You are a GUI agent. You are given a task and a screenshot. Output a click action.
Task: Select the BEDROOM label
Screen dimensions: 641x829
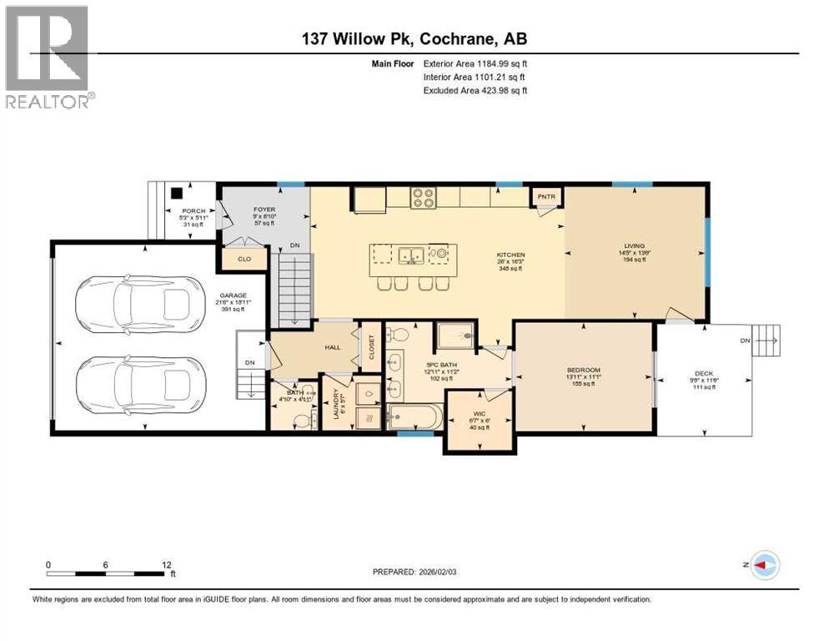(x=583, y=370)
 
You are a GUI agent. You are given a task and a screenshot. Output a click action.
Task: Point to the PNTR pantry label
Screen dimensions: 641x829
(x=547, y=197)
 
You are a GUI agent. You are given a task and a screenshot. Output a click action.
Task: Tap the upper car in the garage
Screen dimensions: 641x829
(x=138, y=305)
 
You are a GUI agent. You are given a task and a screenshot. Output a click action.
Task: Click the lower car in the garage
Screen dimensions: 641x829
(x=138, y=385)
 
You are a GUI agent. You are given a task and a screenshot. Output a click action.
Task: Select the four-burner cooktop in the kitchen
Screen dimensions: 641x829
(x=423, y=197)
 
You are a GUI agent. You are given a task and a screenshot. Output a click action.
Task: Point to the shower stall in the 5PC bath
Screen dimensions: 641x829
(x=455, y=337)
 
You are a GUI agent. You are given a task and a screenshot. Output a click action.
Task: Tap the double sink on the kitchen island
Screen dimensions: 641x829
(x=409, y=254)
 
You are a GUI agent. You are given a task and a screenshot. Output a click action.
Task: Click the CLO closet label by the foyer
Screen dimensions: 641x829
(x=244, y=260)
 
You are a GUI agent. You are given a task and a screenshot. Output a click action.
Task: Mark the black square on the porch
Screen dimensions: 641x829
(x=175, y=190)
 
